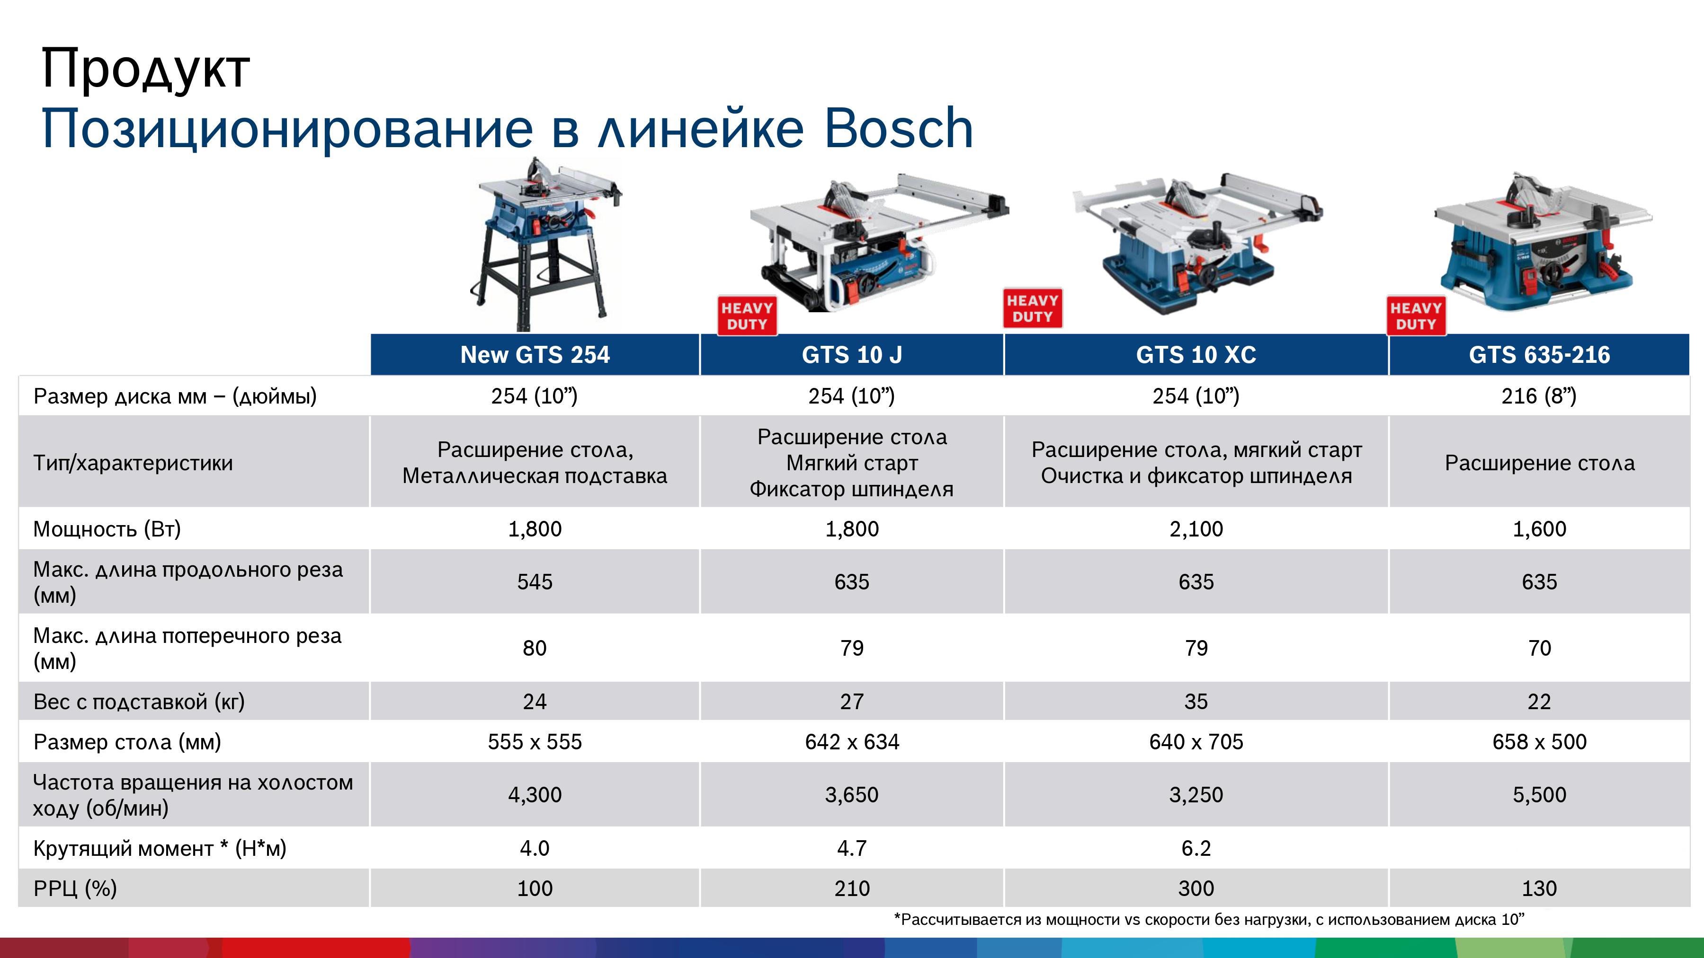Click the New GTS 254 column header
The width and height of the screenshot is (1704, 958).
[x=535, y=355]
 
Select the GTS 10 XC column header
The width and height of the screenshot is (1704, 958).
[x=1196, y=355]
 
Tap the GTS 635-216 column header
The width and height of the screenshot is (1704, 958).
[x=1539, y=355]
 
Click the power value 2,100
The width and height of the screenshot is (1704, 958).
[x=1196, y=529]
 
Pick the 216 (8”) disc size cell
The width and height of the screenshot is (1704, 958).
[x=1539, y=396]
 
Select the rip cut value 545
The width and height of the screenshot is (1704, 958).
[x=535, y=582]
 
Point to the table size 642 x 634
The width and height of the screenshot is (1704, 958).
[x=852, y=742]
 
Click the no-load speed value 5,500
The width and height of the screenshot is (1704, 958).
[x=1539, y=795]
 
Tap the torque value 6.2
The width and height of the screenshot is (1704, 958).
[x=1196, y=848]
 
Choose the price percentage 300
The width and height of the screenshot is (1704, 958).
[x=1196, y=888]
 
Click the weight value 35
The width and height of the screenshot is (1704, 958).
[x=1196, y=702]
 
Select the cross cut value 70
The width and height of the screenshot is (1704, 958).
[x=1539, y=648]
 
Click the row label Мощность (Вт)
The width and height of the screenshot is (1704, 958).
[x=107, y=529]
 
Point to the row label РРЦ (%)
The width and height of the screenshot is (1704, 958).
[x=75, y=888]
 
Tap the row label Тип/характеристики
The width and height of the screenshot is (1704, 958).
[x=133, y=463]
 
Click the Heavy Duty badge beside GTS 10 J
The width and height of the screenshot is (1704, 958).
[x=747, y=316]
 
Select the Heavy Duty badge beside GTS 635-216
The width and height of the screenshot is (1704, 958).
[x=1416, y=316]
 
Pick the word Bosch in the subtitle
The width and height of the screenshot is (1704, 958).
[x=898, y=128]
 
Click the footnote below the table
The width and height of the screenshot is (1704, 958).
[x=1209, y=920]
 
